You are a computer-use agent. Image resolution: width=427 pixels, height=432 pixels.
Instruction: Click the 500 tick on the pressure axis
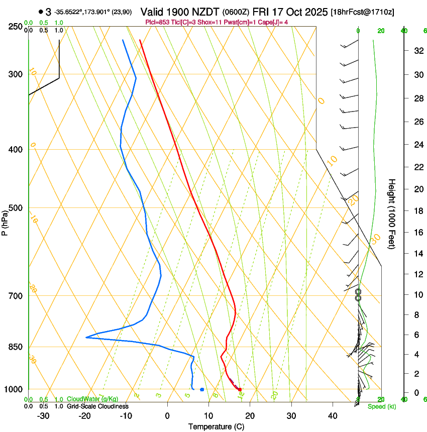point(16,208)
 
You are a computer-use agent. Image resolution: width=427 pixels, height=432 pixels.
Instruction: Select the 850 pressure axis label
point(16,347)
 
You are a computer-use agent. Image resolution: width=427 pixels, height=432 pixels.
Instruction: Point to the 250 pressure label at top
point(16,27)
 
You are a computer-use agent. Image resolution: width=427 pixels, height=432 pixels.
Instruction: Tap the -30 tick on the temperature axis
point(43,416)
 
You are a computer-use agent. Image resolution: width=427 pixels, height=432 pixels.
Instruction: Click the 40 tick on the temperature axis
point(333,416)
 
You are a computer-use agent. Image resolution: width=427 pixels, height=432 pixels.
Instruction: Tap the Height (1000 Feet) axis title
point(392,214)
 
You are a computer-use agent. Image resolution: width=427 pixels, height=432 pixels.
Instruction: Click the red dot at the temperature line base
point(240,389)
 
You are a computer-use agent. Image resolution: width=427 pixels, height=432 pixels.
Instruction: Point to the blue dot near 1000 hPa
point(202,389)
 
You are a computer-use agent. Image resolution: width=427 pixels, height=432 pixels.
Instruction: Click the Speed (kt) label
point(381,406)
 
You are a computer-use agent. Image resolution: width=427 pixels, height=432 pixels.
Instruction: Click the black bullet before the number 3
point(40,12)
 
